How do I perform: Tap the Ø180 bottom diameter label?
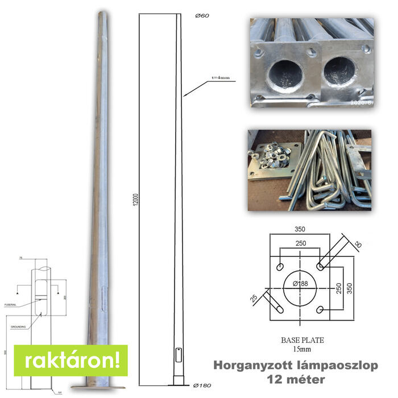click(202, 386)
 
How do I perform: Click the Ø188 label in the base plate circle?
click(301, 283)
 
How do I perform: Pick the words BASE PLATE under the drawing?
click(302, 340)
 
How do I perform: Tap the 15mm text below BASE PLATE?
click(302, 349)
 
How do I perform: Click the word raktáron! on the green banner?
click(72, 360)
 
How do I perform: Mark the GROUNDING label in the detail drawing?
click(19, 328)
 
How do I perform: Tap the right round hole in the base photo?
click(339, 72)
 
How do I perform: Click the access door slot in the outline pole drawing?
click(178, 354)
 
